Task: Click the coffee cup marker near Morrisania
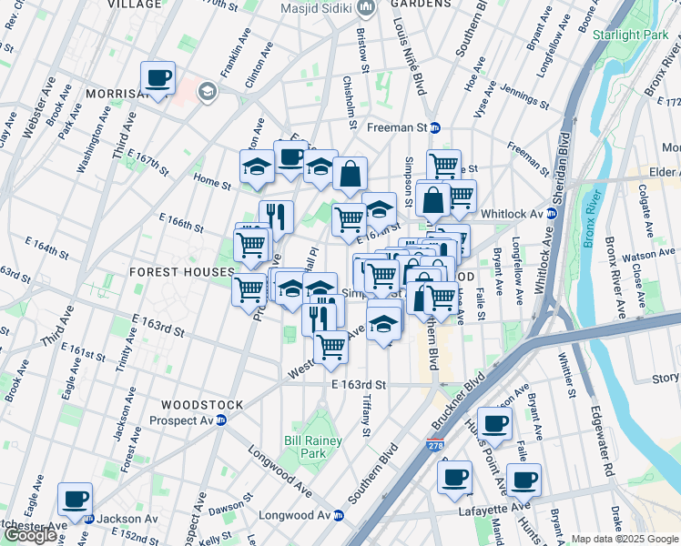tap(158, 79)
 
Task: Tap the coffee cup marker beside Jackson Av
tap(76, 500)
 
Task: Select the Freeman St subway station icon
tap(435, 128)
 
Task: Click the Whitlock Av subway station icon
tap(551, 213)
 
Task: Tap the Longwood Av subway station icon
tap(339, 515)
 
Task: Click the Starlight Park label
tap(629, 35)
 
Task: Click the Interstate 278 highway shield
tap(435, 447)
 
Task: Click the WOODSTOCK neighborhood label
tap(201, 404)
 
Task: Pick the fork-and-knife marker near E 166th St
tap(276, 217)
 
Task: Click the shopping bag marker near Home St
tap(350, 173)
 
